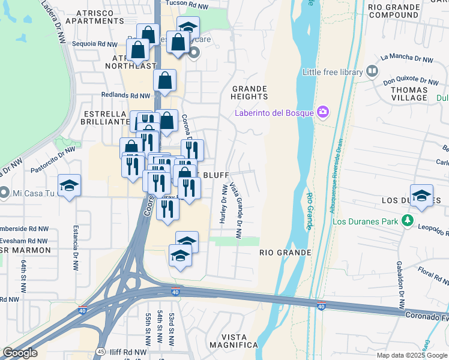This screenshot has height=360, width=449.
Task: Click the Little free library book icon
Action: pos(372,72)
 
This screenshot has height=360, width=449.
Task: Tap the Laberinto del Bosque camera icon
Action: pos(324,112)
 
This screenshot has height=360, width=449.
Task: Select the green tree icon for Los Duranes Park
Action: pos(408,221)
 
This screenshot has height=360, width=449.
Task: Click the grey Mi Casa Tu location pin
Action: pos(4,193)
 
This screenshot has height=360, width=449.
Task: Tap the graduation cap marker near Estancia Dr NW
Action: pos(69,185)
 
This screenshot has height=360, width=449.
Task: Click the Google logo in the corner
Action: pos(20,353)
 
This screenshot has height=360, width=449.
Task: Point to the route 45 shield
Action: pos(101,351)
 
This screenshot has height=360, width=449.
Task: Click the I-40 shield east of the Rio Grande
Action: pos(322,307)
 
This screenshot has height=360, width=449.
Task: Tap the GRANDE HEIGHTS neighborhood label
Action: pos(249,92)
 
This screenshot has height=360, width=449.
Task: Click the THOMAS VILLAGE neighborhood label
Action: pos(409,93)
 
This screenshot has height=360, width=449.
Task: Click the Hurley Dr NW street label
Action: pos(223,204)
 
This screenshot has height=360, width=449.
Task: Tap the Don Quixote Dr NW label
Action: pos(412,80)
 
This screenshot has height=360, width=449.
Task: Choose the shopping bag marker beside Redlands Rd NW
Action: pos(164,80)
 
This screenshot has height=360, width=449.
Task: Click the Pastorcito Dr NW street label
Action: pos(53,160)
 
